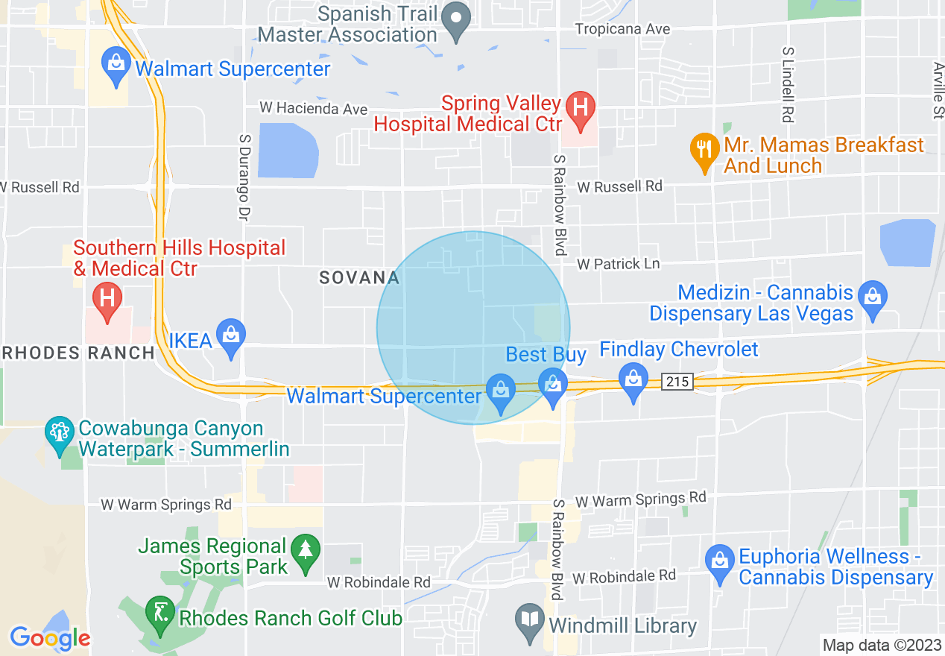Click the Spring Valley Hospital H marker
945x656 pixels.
tap(581, 109)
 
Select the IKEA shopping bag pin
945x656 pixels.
tap(231, 336)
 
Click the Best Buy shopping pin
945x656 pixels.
tap(552, 386)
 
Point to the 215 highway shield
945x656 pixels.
tap(677, 382)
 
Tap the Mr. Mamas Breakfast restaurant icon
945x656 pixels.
tap(704, 150)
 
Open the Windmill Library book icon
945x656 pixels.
tap(530, 621)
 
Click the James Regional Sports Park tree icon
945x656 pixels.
tap(305, 552)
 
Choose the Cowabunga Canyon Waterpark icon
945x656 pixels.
tap(59, 434)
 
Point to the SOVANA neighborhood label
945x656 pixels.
tap(359, 278)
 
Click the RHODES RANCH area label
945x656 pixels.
tap(78, 353)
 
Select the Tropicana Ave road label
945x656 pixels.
tap(623, 29)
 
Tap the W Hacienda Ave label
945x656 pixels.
tap(313, 109)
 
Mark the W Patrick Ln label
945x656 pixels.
tap(619, 264)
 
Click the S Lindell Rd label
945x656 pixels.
tap(787, 84)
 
